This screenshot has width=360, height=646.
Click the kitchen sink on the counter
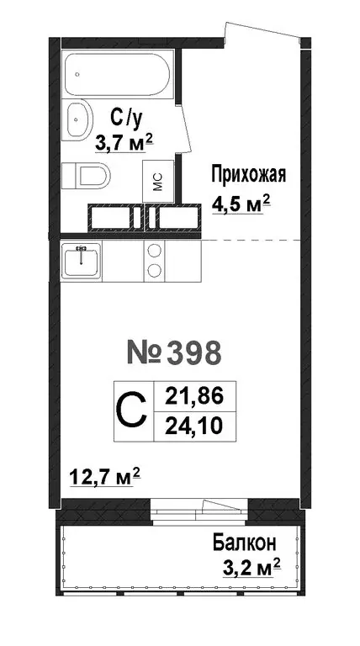tap(82, 260)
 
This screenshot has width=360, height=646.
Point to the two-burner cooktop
tap(155, 260)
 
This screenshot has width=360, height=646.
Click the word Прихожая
tap(247, 175)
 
